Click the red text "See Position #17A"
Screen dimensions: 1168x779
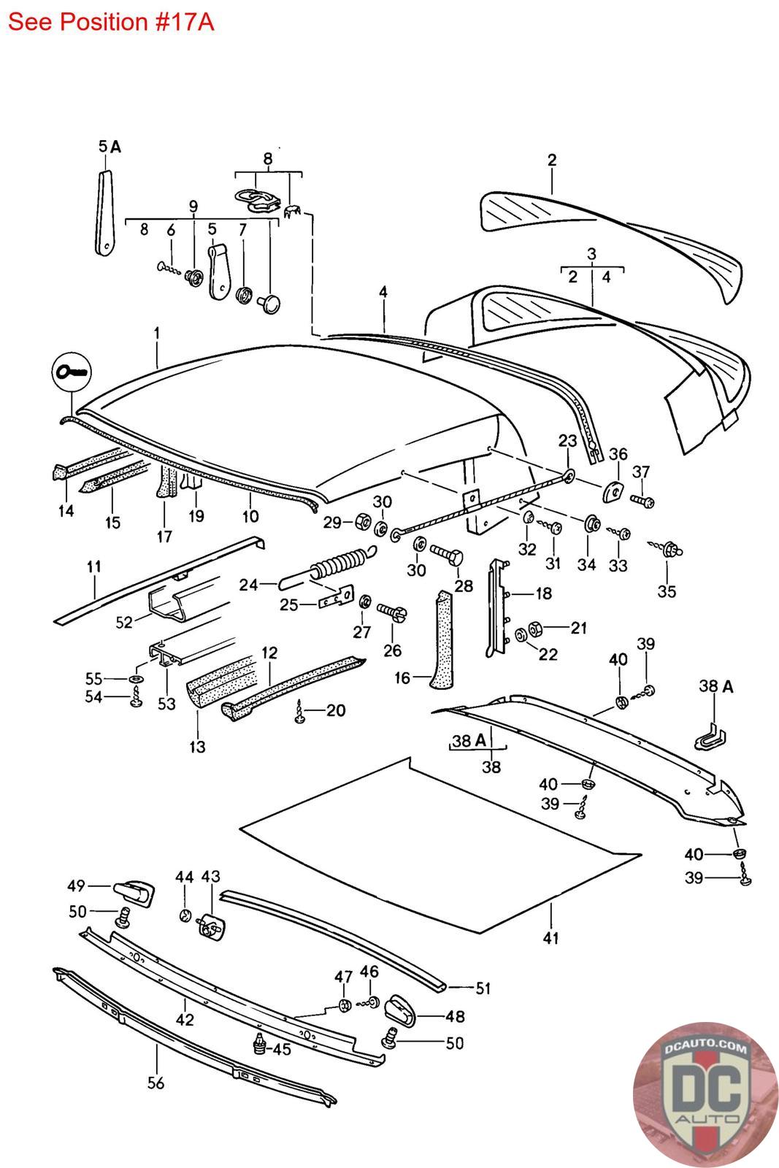(x=111, y=22)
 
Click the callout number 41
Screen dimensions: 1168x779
(x=550, y=938)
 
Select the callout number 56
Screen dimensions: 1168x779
(x=156, y=1083)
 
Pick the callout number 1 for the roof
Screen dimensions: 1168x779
(x=156, y=334)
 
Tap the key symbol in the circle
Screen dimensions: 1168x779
(x=70, y=372)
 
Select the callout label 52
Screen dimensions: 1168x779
(x=124, y=622)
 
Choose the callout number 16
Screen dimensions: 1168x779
(x=403, y=678)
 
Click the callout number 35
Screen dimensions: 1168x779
(x=667, y=591)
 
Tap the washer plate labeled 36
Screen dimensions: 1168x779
(x=611, y=491)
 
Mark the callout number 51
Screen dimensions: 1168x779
(x=483, y=989)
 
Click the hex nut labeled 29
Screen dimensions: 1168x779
(x=361, y=523)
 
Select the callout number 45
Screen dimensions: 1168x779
(x=283, y=1049)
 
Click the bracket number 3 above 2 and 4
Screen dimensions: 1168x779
(x=591, y=254)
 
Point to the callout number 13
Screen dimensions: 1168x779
(x=197, y=747)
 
